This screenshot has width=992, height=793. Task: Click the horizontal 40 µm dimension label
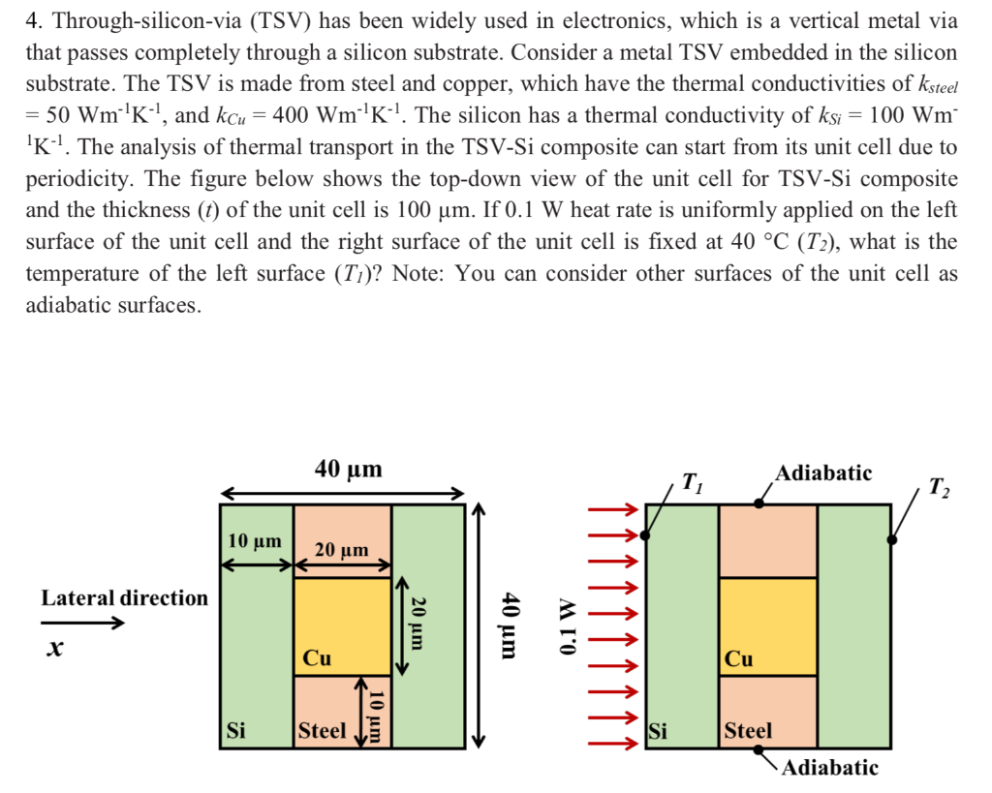(x=349, y=471)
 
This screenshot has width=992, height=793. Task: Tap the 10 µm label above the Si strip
(x=255, y=540)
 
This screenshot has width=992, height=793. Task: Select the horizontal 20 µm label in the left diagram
(x=342, y=549)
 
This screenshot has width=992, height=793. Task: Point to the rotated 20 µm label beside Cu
(x=418, y=622)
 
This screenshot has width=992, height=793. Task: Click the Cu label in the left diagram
(x=317, y=658)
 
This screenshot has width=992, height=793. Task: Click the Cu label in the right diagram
(x=739, y=658)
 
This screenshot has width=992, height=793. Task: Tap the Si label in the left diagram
(x=234, y=730)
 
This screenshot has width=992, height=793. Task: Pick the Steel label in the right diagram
(x=748, y=730)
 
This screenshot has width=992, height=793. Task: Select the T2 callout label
(x=938, y=486)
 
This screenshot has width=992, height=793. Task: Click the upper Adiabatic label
(x=823, y=473)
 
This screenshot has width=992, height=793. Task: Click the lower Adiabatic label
(x=830, y=768)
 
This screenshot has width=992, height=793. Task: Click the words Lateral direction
(x=124, y=597)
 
